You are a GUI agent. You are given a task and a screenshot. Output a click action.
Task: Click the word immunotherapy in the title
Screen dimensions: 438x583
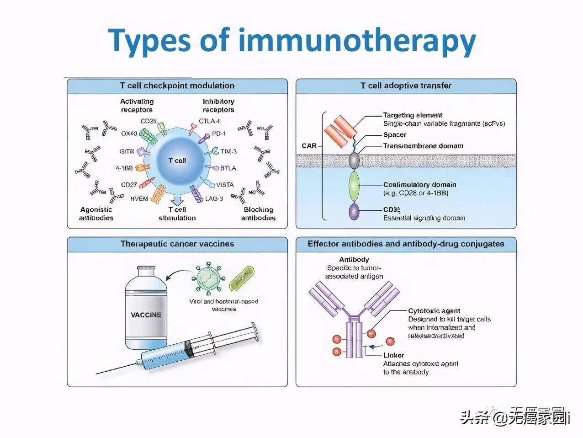coord(357,40)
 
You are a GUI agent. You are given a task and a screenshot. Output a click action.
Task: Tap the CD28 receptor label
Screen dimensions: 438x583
coord(148,121)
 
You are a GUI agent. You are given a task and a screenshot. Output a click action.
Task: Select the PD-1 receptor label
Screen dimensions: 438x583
coord(219,134)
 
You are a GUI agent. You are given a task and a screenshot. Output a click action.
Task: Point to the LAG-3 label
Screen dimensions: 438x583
coord(214,199)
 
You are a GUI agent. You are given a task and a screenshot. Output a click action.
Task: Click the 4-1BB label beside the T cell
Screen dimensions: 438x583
coord(124,168)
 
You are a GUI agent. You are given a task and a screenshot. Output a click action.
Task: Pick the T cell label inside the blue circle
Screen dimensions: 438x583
coord(177,160)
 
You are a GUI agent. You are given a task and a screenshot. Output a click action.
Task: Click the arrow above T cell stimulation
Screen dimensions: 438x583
coord(177,200)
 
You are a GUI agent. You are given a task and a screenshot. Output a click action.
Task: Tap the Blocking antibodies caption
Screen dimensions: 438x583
coord(258,214)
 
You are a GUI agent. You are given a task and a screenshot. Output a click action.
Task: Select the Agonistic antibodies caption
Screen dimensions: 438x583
coord(96,214)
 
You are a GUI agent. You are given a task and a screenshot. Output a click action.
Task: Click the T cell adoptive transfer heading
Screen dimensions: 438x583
coord(406,85)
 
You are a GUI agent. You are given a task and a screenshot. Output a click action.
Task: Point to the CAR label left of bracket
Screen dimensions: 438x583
coord(309,146)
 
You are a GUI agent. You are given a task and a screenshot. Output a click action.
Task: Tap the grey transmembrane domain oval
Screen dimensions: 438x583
coord(355,160)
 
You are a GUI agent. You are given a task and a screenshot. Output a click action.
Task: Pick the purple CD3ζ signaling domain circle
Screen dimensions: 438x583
coord(354,212)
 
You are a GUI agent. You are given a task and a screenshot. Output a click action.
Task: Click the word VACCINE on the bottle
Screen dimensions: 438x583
coord(146,315)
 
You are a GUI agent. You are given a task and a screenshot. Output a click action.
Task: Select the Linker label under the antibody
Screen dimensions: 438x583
coord(394,355)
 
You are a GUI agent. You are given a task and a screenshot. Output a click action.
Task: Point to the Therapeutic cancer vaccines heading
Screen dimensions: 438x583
coord(177,244)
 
